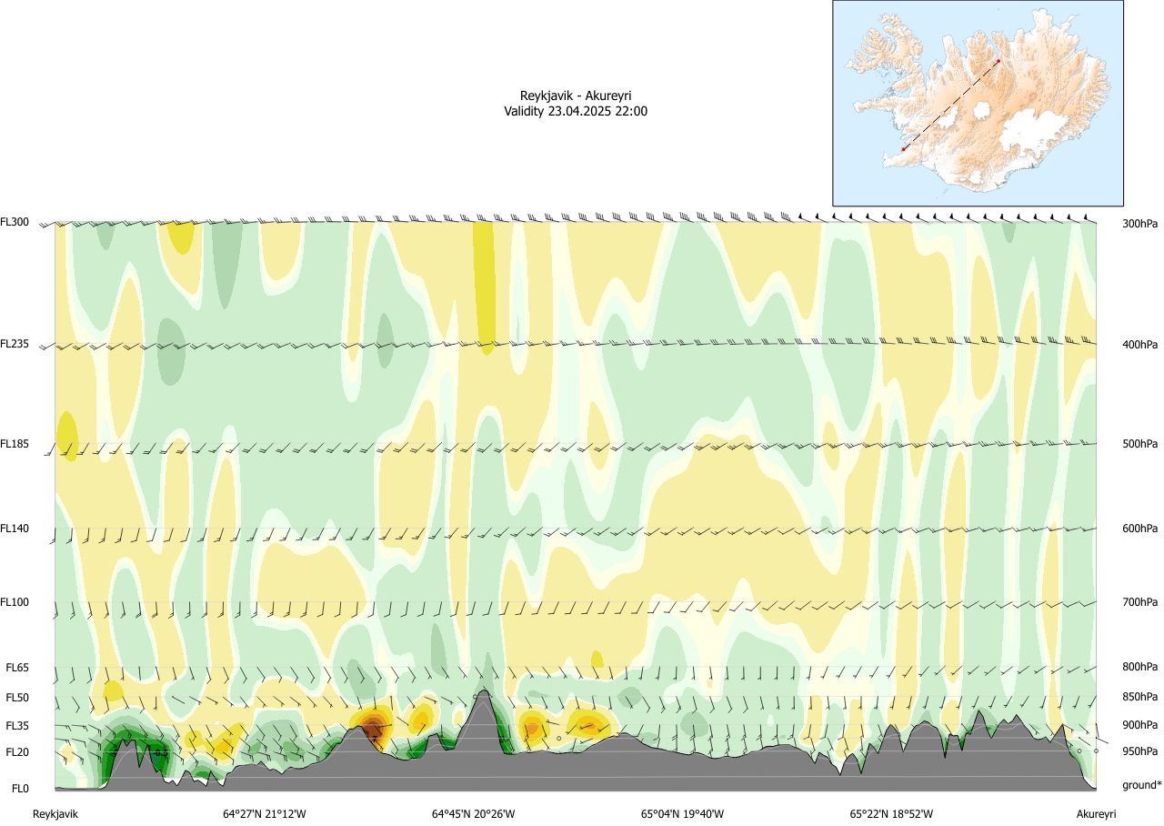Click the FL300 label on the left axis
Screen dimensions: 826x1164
pyautogui.click(x=15, y=222)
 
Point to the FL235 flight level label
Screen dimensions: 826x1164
pyautogui.click(x=15, y=344)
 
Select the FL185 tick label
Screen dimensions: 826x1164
pyautogui.click(x=15, y=444)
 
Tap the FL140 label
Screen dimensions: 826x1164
pyautogui.click(x=15, y=529)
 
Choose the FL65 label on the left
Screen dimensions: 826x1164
pyautogui.click(x=17, y=668)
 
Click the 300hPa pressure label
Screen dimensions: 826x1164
pyautogui.click(x=1139, y=223)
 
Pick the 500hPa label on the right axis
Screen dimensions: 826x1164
pyautogui.click(x=1139, y=444)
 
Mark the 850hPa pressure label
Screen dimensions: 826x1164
pyautogui.click(x=1139, y=698)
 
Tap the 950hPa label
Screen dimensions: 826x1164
pyautogui.click(x=1139, y=752)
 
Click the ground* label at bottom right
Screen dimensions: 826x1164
pyautogui.click(x=1141, y=785)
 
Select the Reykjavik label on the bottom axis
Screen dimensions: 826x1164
pyautogui.click(x=55, y=814)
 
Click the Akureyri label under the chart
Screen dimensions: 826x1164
pyautogui.click(x=1096, y=814)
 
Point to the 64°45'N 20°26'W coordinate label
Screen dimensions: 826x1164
pyautogui.click(x=474, y=814)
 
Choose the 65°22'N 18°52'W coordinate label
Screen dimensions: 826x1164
pyautogui.click(x=892, y=814)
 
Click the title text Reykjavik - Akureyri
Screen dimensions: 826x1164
pyautogui.click(x=576, y=96)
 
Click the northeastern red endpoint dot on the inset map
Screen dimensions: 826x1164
pyautogui.click(x=998, y=62)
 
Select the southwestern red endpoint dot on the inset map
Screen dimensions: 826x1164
pyautogui.click(x=903, y=149)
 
